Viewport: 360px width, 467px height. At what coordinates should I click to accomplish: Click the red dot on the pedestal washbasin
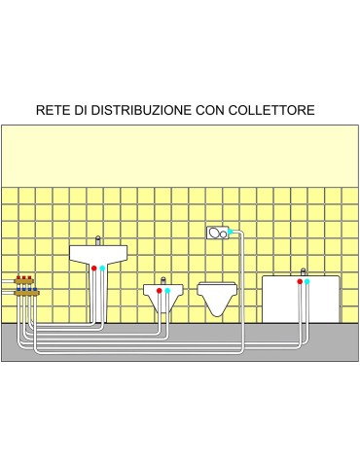click(93, 268)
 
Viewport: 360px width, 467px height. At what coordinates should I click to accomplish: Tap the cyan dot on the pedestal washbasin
click(103, 268)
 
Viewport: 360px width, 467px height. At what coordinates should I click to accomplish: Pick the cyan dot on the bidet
click(167, 290)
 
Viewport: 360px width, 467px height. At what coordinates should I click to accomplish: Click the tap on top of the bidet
click(162, 278)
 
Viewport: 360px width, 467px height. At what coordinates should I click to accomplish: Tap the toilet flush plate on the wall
click(216, 233)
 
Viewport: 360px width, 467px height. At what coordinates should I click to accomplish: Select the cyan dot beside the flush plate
click(231, 233)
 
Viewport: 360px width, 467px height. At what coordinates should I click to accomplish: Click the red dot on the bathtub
click(297, 281)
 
